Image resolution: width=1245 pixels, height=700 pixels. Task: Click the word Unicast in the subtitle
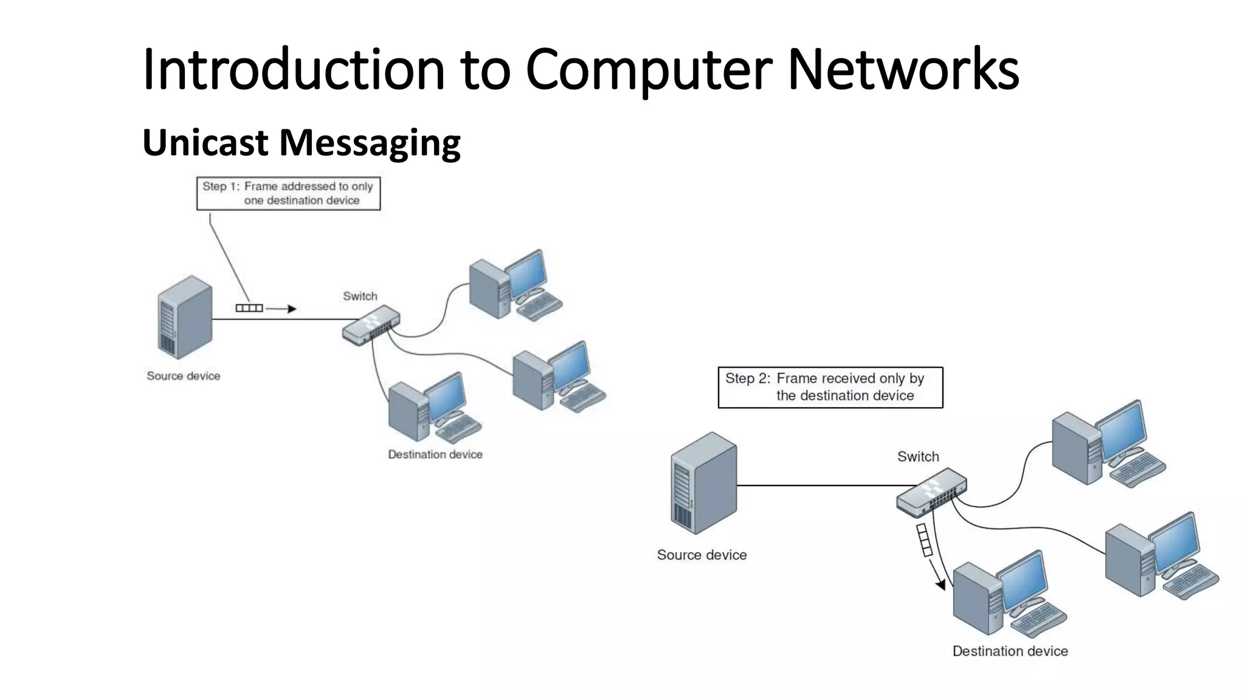coord(205,142)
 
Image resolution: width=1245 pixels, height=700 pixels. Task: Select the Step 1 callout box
coord(288,194)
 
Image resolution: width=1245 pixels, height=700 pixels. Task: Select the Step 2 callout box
coord(830,387)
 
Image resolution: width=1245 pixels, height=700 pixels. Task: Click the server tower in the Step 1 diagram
coord(185,317)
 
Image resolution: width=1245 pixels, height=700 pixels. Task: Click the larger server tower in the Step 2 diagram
coord(703,483)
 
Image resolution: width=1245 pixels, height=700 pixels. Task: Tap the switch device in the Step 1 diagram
coord(371,326)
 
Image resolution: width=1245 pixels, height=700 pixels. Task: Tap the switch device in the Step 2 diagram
coord(931,492)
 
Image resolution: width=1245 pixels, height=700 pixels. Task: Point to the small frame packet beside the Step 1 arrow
coord(249,308)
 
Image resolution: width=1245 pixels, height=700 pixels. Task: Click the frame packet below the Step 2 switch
coord(924,540)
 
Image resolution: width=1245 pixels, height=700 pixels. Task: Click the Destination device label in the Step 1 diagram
coord(435,455)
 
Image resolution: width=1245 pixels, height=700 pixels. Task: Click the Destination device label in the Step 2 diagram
coord(1010,651)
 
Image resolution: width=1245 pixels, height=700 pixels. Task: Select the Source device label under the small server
coord(183,376)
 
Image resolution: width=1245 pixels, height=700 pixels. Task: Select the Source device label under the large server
coord(702,555)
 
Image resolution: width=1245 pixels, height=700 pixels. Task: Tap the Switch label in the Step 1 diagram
coord(360,297)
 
